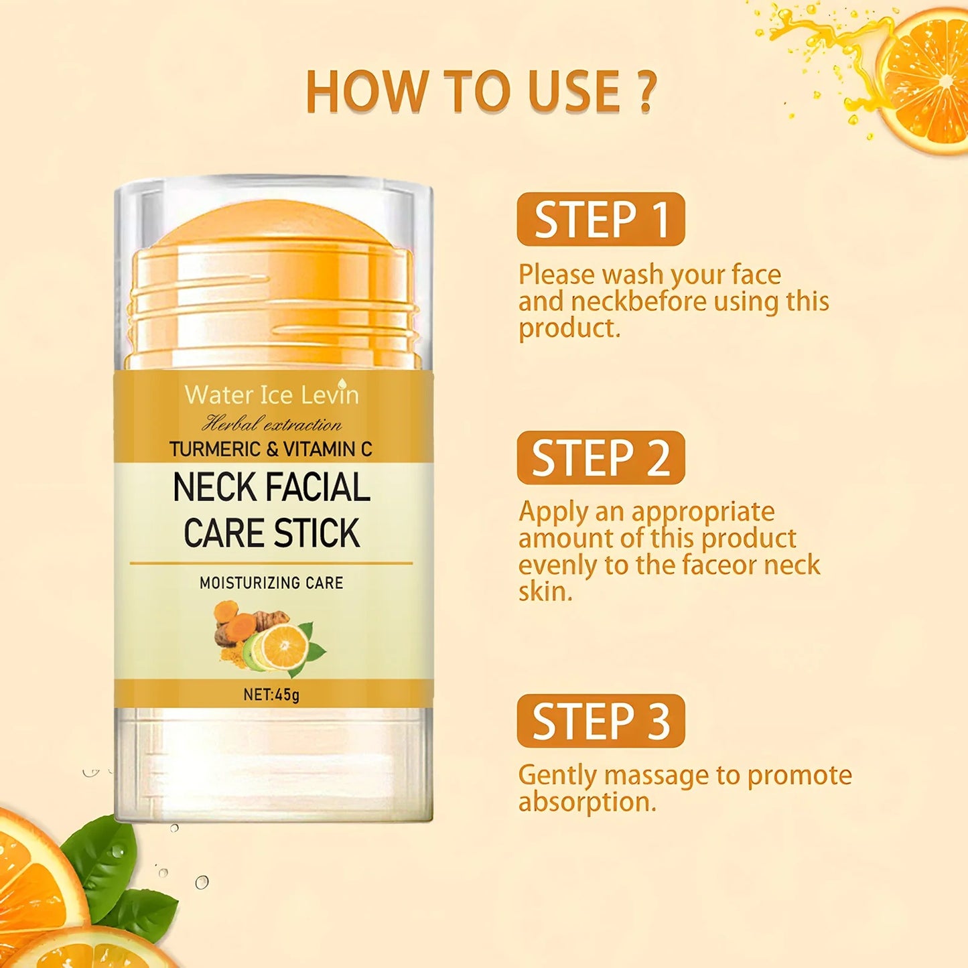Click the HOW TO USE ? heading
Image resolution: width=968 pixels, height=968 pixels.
(x=482, y=91)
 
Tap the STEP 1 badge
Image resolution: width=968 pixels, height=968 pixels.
(x=601, y=219)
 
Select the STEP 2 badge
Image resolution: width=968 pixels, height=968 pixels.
(x=601, y=458)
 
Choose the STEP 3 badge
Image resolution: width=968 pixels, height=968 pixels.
(x=601, y=721)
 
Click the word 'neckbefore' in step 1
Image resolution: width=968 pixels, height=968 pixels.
(x=638, y=301)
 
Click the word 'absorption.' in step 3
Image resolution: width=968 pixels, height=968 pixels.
(x=587, y=802)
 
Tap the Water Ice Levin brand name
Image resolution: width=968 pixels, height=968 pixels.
(x=271, y=395)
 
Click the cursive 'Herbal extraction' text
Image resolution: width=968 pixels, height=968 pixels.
(x=271, y=424)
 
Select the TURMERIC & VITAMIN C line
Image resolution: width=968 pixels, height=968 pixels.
(x=271, y=449)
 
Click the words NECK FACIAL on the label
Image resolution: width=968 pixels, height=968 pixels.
(x=271, y=487)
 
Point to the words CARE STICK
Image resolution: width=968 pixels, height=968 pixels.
(x=271, y=533)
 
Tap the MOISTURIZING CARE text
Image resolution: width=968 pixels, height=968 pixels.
(x=271, y=583)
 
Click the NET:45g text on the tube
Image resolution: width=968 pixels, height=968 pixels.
(x=271, y=694)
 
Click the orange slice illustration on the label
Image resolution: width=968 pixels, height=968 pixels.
(x=284, y=646)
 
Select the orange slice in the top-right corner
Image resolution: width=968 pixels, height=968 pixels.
(x=928, y=84)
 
